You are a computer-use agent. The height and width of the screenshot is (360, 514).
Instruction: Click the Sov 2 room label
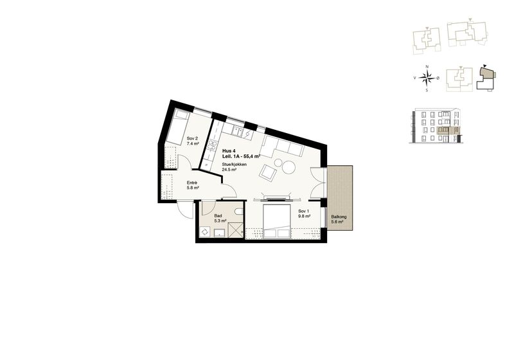click(192, 141)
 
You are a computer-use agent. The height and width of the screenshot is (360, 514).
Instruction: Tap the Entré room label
click(192, 185)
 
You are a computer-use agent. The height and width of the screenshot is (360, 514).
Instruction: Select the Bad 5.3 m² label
click(220, 219)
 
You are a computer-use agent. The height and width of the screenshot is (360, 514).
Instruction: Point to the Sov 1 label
click(304, 214)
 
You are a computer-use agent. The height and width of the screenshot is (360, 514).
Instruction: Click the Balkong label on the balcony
click(339, 219)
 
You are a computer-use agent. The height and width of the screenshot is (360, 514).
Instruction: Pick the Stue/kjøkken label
click(235, 167)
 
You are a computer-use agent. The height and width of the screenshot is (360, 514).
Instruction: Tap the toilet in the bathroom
click(239, 212)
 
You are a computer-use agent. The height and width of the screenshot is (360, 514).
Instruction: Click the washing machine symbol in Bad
click(205, 231)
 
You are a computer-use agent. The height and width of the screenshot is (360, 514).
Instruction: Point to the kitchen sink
click(238, 132)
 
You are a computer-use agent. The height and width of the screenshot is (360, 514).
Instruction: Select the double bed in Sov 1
click(277, 221)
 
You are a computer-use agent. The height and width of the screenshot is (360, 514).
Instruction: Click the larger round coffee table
click(288, 168)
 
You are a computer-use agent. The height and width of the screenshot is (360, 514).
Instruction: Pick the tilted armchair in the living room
click(268, 172)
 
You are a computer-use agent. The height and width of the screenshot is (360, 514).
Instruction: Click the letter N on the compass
click(427, 67)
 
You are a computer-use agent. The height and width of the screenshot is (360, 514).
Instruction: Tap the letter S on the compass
click(427, 90)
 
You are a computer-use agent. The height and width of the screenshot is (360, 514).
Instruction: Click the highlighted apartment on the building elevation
click(448, 130)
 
